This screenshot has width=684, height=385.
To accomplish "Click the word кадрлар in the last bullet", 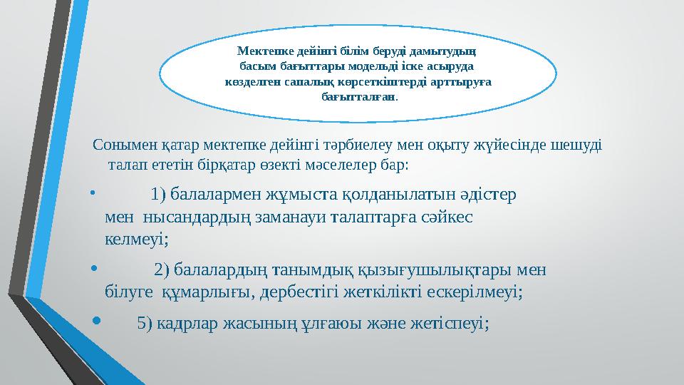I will pyautogui.click(x=187, y=323).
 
